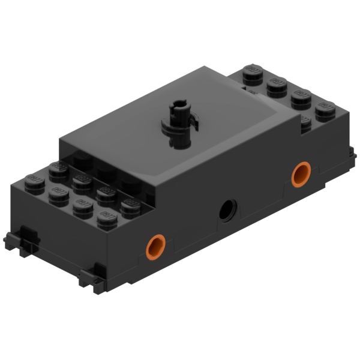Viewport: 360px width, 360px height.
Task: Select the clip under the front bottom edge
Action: click(x=90, y=277)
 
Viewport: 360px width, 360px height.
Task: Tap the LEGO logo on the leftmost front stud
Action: click(x=34, y=178)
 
